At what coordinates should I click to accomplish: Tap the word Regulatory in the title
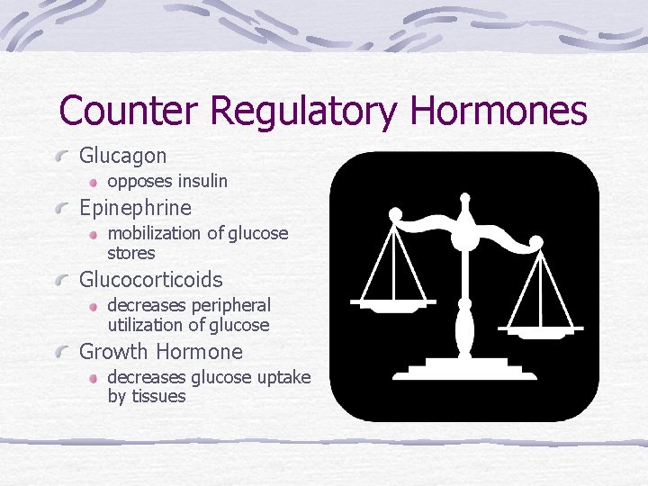tap(303, 112)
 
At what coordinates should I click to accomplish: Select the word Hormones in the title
tap(498, 112)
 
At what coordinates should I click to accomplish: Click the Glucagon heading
tap(123, 157)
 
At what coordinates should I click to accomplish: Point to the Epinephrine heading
tap(135, 208)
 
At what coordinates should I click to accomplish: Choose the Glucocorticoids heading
tap(150, 280)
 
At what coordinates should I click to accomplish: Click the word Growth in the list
tap(113, 352)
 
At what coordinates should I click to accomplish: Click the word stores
tap(131, 253)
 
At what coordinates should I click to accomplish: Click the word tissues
tap(158, 396)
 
